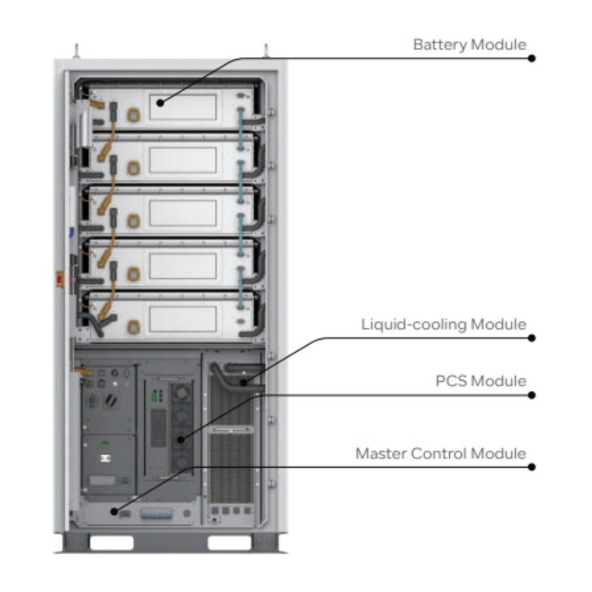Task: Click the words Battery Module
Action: [x=469, y=44]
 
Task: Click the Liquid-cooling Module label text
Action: [x=443, y=324]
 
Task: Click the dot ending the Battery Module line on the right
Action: [x=531, y=58]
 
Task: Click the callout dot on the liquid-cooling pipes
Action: [x=243, y=382]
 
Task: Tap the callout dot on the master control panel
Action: [x=114, y=511]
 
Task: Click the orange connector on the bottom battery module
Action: [x=133, y=326]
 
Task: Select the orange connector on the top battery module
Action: [x=133, y=115]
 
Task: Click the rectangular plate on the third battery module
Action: [x=183, y=213]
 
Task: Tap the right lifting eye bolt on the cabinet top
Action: [x=265, y=51]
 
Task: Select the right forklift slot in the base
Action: [x=229, y=543]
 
